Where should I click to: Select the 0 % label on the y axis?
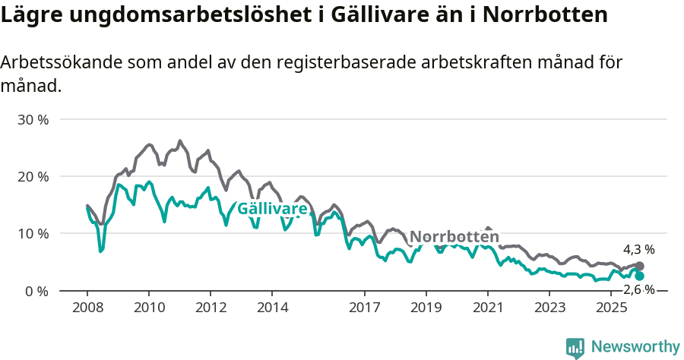[38, 291]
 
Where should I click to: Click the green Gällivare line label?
[273, 209]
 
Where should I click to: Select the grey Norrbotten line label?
[454, 236]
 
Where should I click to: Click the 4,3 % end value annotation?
[638, 249]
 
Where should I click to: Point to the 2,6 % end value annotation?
[638, 290]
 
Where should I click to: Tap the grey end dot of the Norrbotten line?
[640, 267]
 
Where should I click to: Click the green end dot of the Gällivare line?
[640, 276]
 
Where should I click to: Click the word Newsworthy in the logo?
[635, 347]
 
